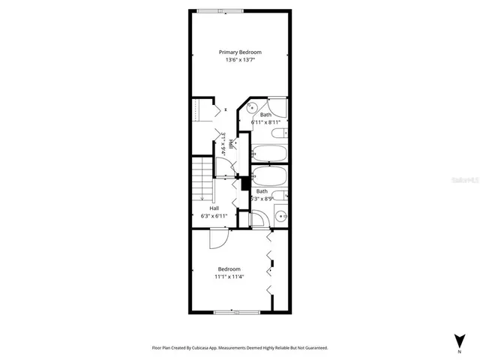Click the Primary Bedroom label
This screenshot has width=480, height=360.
240,52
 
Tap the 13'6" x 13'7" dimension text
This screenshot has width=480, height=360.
240,61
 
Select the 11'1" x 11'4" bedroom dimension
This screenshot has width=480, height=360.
229,277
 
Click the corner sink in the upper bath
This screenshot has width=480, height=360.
253,106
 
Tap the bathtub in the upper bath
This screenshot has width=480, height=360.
268,153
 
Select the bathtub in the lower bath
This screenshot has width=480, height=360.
268,178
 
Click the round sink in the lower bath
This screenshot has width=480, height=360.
281,216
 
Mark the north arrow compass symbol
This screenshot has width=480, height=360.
458,340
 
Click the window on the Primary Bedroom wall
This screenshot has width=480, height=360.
230,10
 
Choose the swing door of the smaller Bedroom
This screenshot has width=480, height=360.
216,239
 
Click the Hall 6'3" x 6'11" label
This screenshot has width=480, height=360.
214,212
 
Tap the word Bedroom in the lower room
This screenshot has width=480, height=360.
229,269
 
